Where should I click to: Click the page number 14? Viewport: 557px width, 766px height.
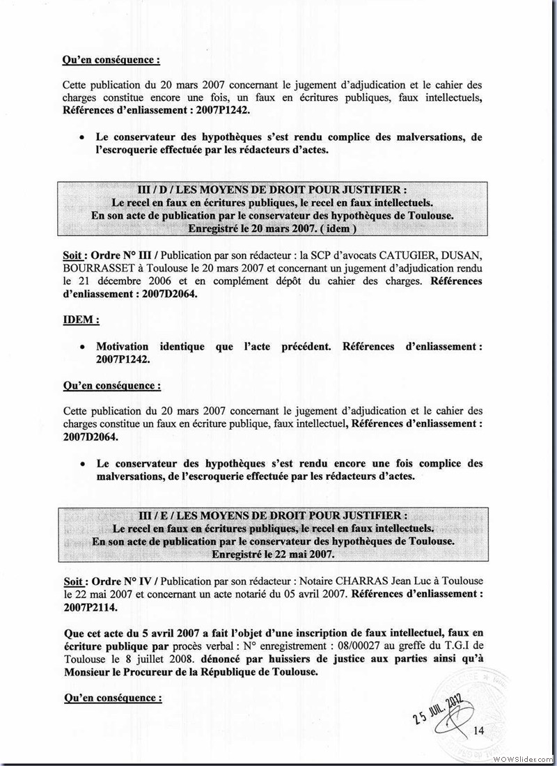click(478, 730)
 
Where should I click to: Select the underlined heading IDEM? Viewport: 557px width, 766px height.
click(80, 320)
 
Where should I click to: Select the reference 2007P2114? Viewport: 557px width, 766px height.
click(89, 607)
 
